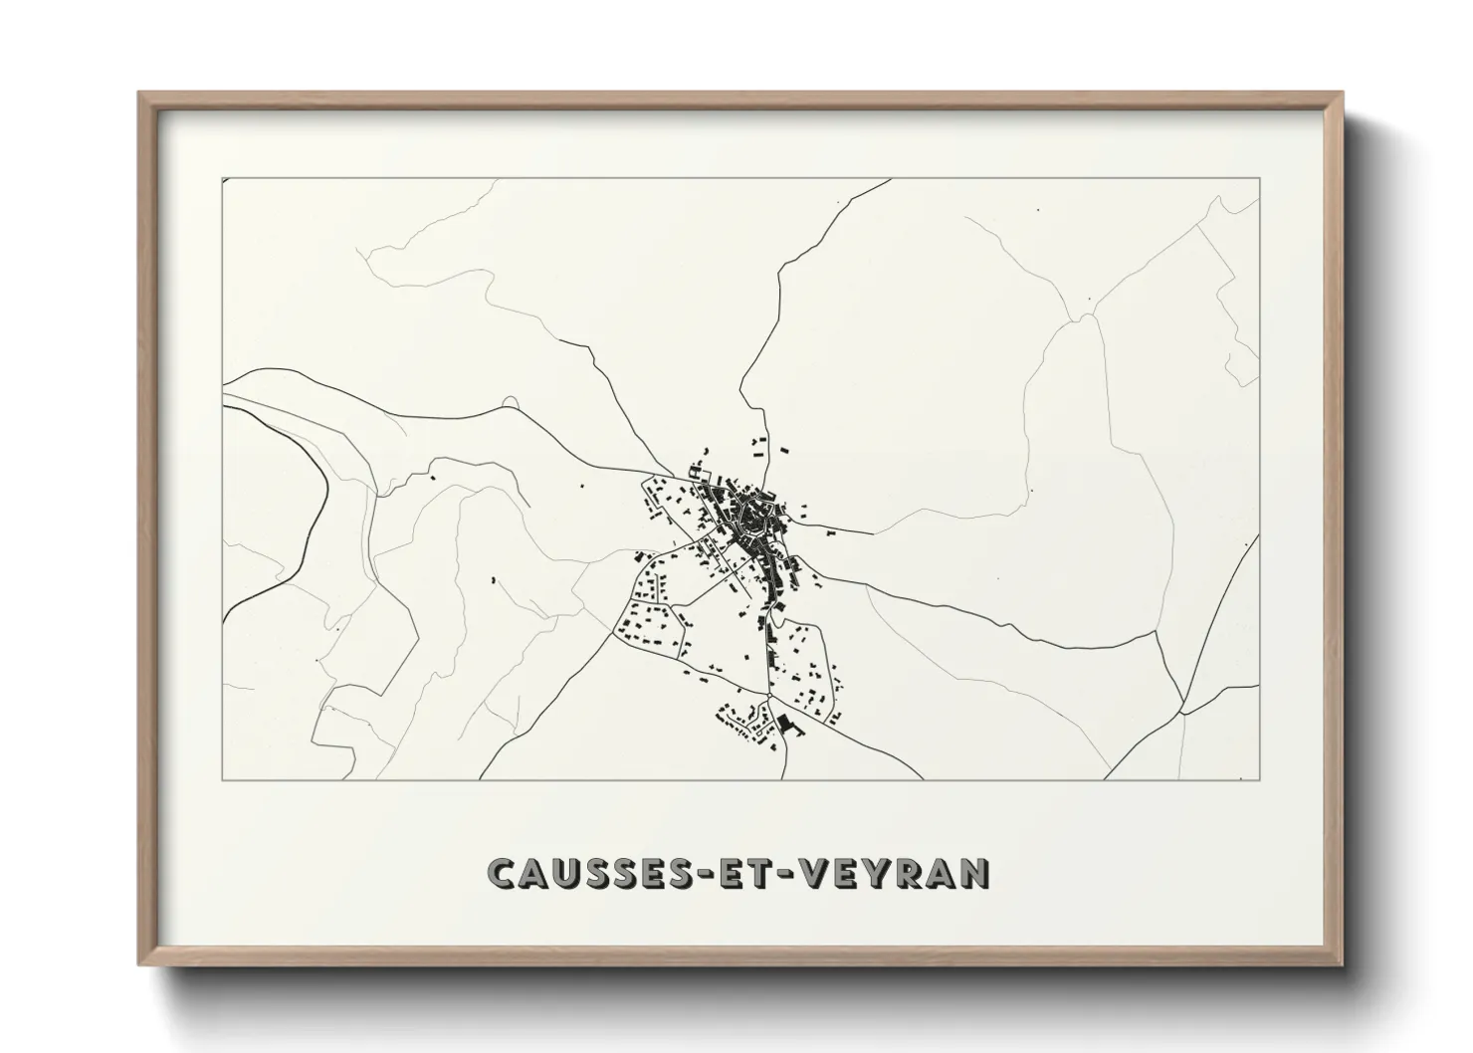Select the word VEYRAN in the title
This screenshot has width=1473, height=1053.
tap(899, 873)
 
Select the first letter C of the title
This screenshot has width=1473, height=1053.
tap(503, 873)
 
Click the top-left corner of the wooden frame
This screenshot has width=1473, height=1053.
tap(140, 94)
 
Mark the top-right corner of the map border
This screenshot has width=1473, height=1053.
tap(1259, 178)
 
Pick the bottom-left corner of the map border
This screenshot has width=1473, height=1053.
tap(222, 779)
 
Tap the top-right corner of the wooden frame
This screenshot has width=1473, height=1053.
tap(1341, 94)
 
